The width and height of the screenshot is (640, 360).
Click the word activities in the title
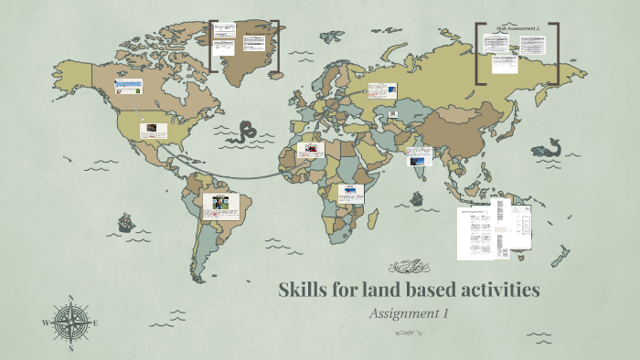pyautogui.click(x=495, y=291)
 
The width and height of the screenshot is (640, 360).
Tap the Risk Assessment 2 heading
pyautogui.click(x=517, y=29)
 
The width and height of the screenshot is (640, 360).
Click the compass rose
pyautogui.click(x=71, y=323)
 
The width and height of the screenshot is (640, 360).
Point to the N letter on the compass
pyautogui.click(x=71, y=298)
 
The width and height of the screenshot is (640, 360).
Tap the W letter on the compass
pyautogui.click(x=46, y=323)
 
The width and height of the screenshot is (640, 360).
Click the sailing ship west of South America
pyautogui.click(x=125, y=222)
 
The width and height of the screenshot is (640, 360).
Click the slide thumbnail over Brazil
pyautogui.click(x=220, y=206)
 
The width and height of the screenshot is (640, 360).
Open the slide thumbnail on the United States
pyautogui.click(x=154, y=131)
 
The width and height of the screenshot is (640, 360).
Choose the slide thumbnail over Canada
pyautogui.click(x=129, y=88)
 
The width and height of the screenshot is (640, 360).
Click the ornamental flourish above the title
pyautogui.click(x=410, y=268)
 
